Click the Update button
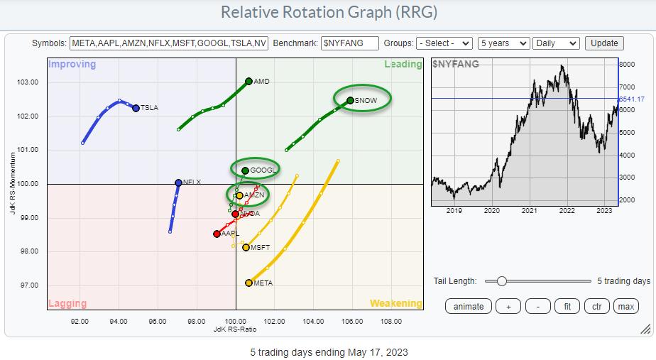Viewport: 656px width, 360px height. pos(604,43)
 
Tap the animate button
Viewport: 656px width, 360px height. pos(469,306)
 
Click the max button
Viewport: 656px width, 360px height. pos(625,306)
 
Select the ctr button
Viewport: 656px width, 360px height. pos(597,306)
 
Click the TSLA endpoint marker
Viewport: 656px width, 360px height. pos(136,108)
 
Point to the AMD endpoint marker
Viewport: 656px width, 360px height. pos(248,81)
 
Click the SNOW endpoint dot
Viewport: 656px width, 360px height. pos(350,100)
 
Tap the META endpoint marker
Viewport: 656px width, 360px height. pos(248,283)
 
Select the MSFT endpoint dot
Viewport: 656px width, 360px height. pos(246,247)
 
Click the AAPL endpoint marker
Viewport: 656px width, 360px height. pos(217,233)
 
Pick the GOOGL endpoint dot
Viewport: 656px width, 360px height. pos(245,170)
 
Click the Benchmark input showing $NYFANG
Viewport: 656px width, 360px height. pos(349,43)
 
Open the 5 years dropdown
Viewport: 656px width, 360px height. pos(503,43)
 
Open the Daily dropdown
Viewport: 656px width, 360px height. pos(555,43)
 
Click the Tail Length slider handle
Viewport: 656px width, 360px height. pos(501,281)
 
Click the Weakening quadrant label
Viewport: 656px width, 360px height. pos(395,303)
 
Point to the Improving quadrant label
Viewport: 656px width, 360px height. pos(72,65)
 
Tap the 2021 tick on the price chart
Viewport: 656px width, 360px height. pos(529,210)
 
